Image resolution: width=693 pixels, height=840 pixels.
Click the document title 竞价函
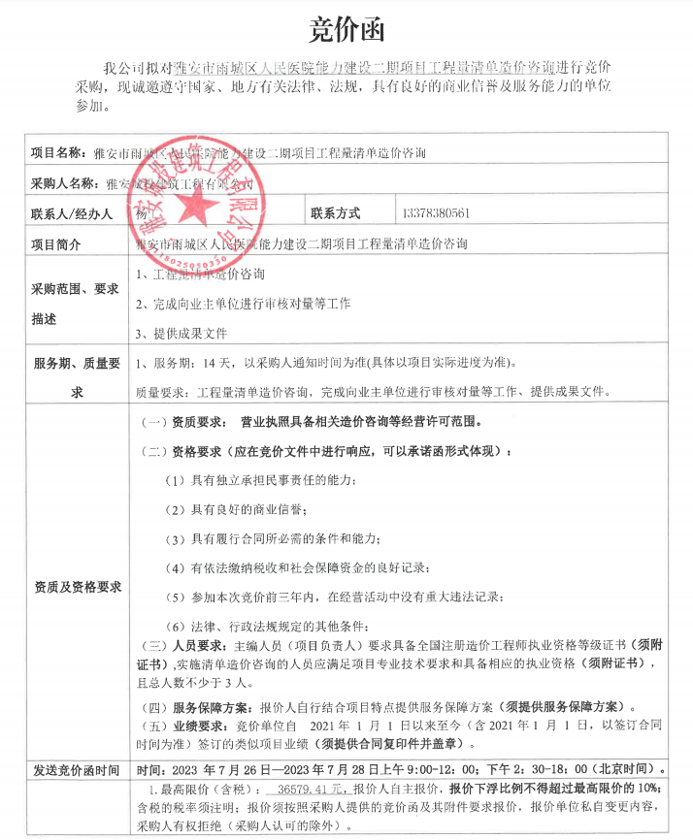click(346, 30)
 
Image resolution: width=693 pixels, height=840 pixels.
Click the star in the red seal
click(203, 207)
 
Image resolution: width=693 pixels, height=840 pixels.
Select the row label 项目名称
click(61, 152)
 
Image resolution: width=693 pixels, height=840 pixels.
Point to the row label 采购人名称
click(67, 182)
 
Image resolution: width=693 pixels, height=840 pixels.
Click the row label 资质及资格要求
click(78, 587)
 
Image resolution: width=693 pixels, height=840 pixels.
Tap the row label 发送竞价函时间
click(77, 771)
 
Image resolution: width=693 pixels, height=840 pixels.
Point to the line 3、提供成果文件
click(182, 333)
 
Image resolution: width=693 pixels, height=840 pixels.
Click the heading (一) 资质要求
click(184, 423)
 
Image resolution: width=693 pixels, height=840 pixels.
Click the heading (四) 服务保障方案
click(200, 705)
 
